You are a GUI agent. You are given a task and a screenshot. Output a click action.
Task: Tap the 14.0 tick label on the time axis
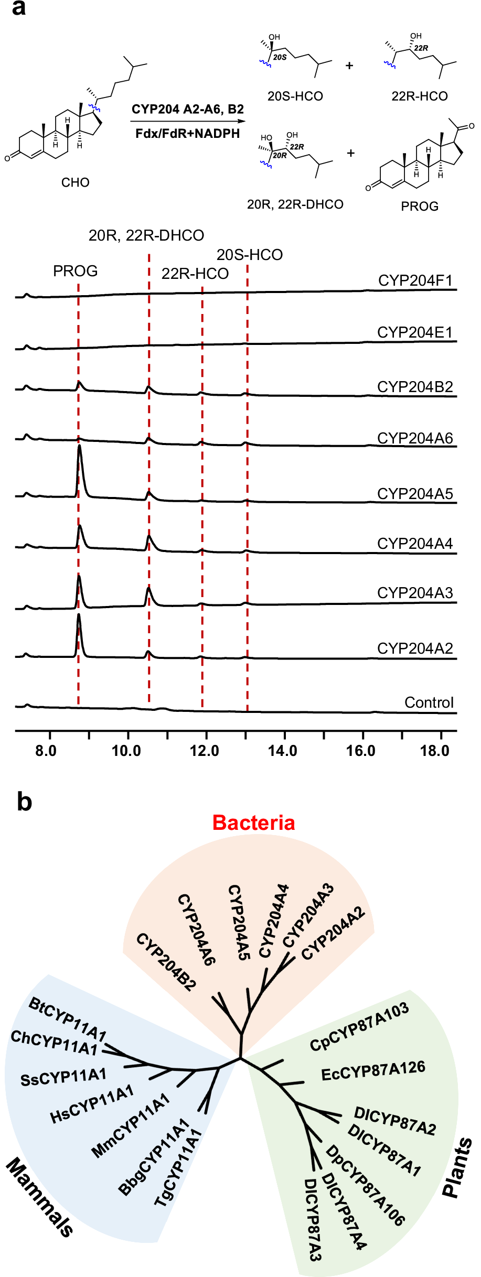point(282,751)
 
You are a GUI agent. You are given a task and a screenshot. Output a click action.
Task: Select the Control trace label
point(429,702)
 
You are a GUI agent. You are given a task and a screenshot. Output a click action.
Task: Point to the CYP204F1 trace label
point(415,281)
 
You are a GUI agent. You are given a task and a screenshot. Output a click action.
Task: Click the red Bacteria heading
point(253,823)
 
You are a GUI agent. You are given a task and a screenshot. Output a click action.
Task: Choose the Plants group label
point(457,1167)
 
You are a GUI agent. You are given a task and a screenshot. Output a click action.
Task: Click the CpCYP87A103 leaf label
point(359,1026)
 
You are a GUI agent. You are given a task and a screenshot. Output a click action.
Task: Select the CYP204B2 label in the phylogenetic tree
point(166,962)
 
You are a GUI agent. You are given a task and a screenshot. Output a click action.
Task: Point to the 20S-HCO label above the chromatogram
point(250,255)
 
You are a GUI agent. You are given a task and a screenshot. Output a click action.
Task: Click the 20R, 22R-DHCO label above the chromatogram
point(146,235)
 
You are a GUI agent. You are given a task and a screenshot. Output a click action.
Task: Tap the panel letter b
point(24,802)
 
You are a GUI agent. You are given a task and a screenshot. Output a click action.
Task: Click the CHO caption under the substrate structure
point(76,182)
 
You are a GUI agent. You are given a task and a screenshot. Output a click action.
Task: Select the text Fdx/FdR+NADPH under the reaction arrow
point(187,134)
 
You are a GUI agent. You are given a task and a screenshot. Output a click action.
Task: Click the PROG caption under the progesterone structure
point(420,206)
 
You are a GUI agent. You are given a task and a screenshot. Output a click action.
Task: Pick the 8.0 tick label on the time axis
point(46,751)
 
